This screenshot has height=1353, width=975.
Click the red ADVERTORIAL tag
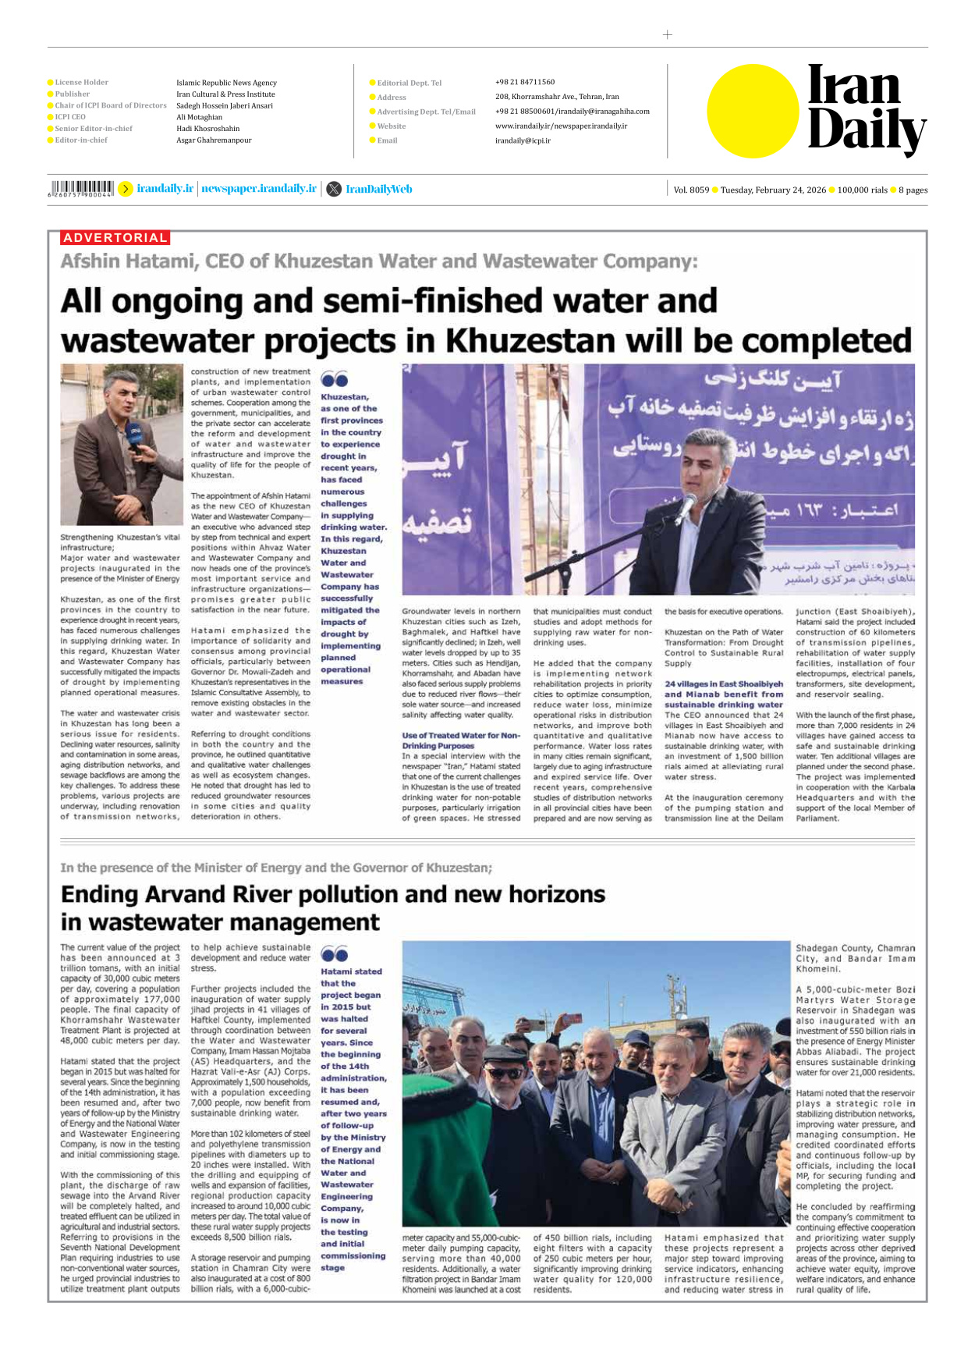(x=115, y=238)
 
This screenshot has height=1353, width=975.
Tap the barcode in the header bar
(x=81, y=188)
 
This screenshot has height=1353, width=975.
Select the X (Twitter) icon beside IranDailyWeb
(x=333, y=189)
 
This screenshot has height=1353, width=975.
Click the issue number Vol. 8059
(x=691, y=190)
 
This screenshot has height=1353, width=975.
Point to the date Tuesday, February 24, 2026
(x=772, y=190)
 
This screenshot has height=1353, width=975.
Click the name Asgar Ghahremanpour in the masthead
(x=214, y=140)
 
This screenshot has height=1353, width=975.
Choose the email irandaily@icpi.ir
(x=523, y=140)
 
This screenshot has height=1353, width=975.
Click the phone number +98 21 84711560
(x=524, y=82)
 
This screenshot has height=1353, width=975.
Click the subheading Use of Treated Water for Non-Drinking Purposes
(x=460, y=740)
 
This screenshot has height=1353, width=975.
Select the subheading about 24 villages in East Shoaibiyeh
(x=723, y=694)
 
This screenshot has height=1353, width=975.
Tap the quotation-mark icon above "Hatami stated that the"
(x=334, y=954)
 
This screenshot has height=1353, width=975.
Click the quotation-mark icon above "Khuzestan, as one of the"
(x=334, y=380)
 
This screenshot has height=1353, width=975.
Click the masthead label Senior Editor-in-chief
(x=93, y=129)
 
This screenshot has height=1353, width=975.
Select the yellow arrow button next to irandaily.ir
(x=125, y=189)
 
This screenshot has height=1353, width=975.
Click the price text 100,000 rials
(x=862, y=190)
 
